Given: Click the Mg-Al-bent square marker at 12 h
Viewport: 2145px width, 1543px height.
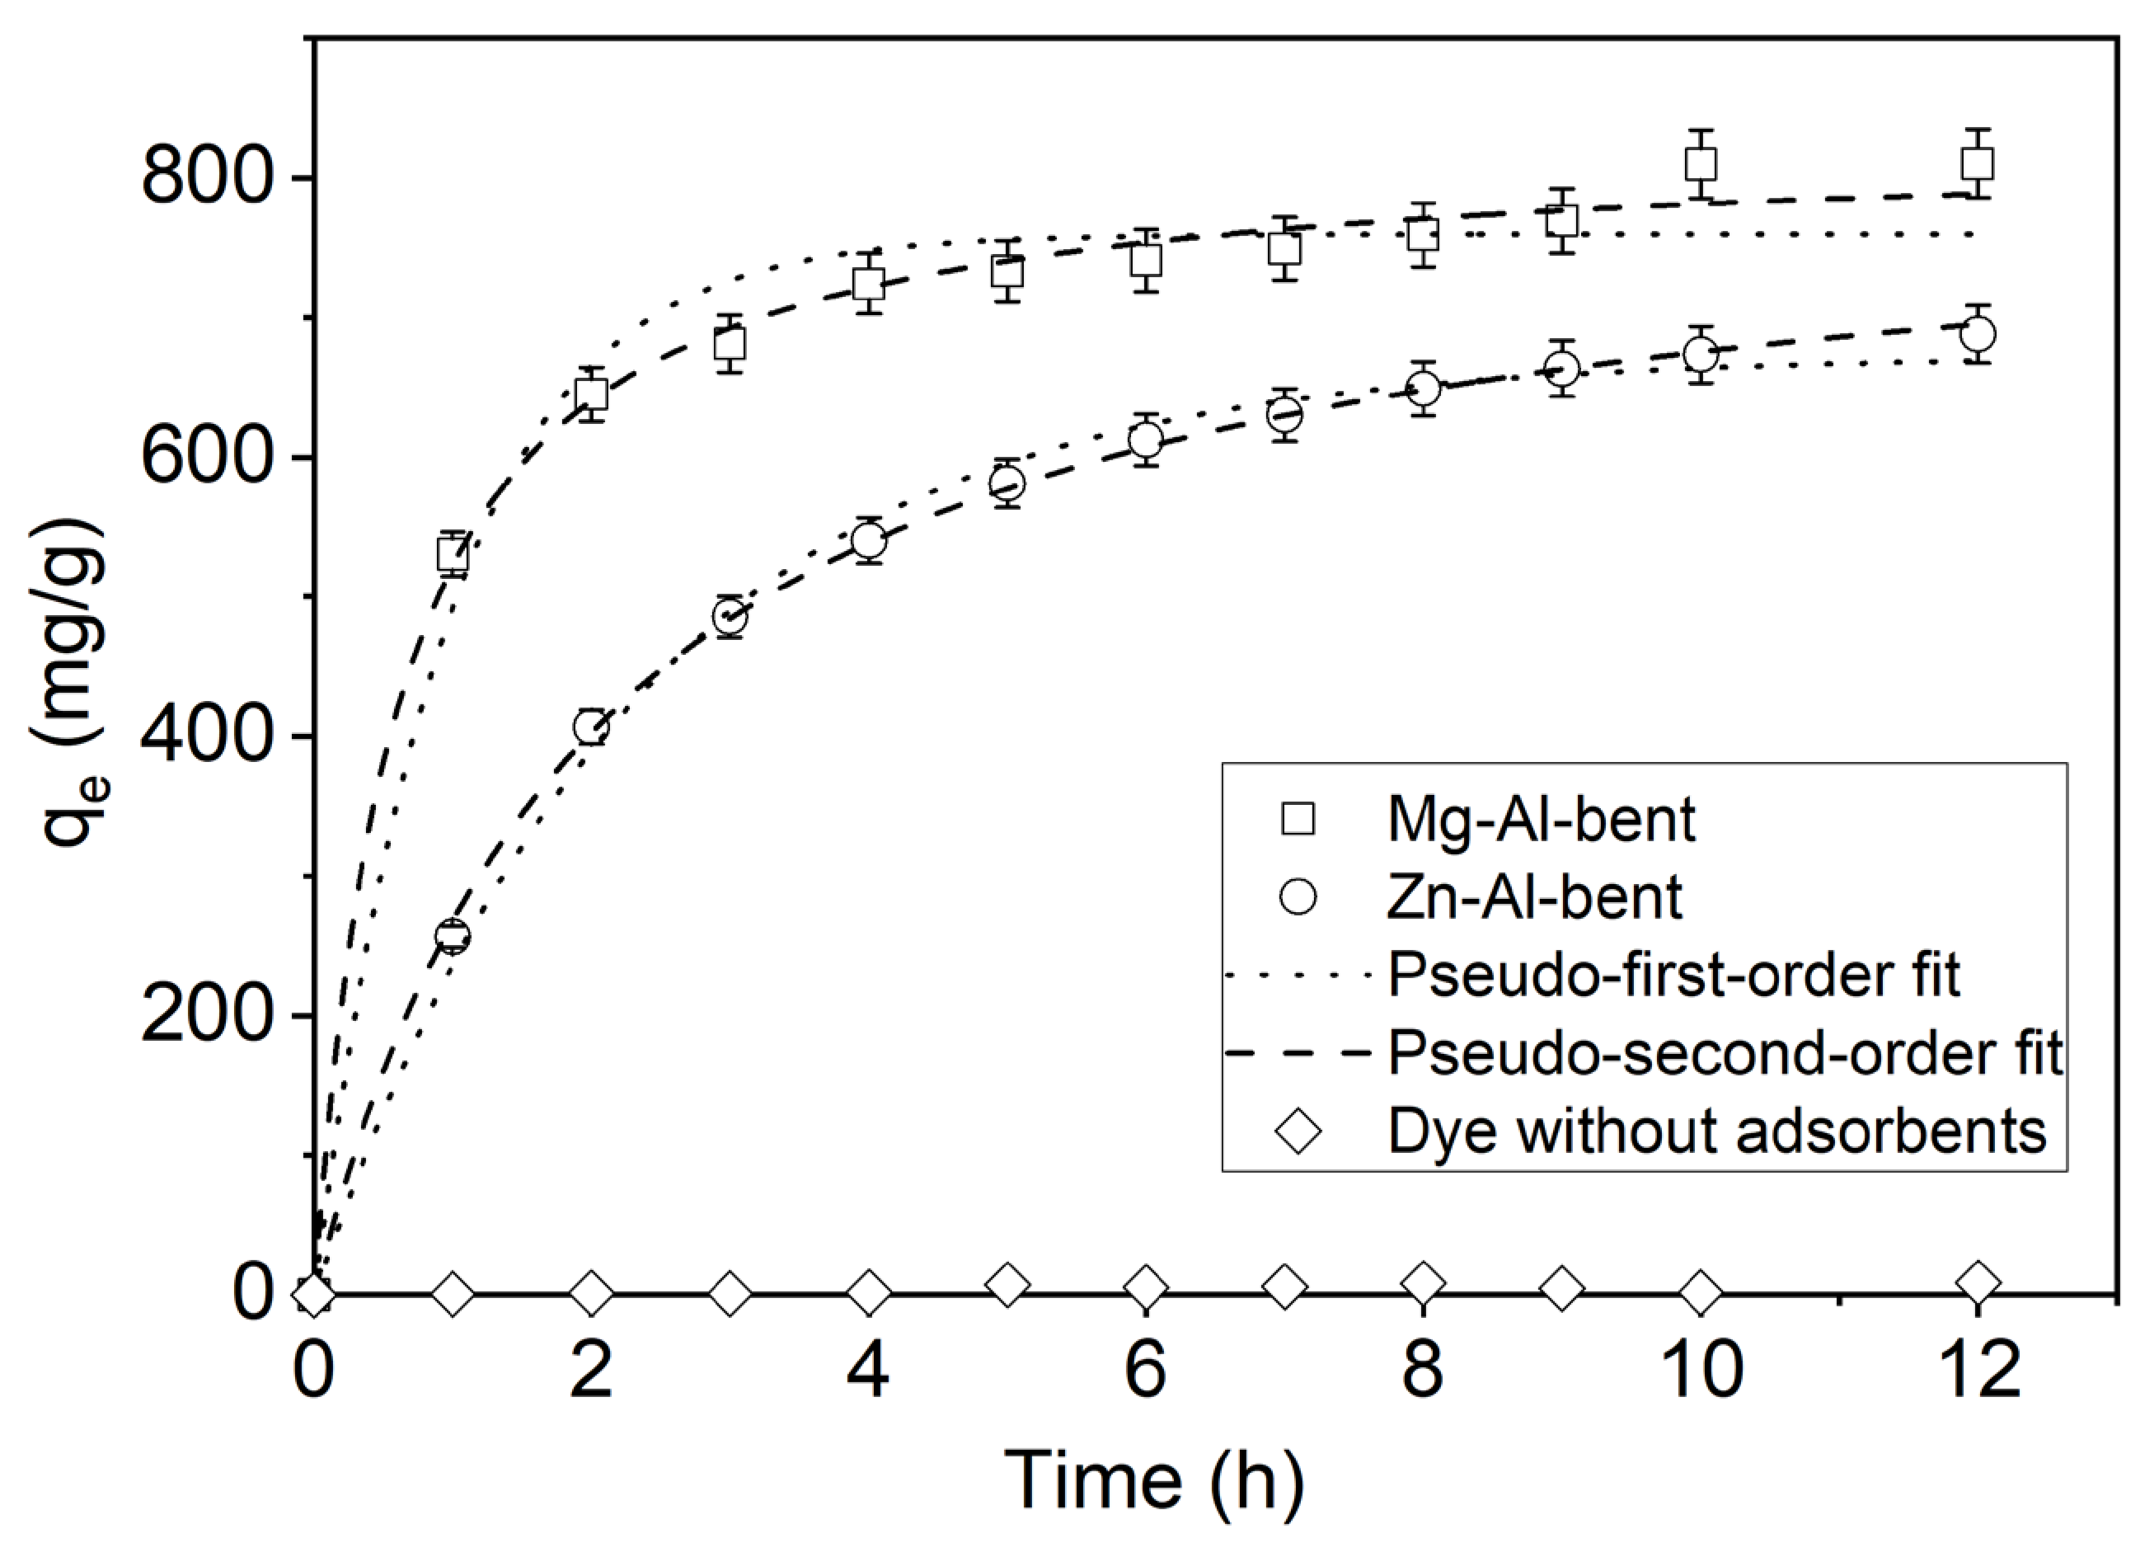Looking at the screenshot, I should (1977, 163).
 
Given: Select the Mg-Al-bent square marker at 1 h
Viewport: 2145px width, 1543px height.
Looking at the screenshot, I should (453, 553).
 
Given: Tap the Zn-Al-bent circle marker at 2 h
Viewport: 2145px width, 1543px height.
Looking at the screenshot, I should (591, 727).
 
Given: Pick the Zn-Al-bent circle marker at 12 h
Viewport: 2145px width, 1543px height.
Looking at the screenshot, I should (1977, 333).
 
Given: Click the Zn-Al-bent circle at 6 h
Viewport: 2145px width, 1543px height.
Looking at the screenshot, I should (1145, 439).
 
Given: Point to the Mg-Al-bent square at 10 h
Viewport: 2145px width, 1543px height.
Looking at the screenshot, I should (1701, 163).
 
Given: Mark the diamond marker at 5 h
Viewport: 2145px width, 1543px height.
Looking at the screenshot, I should (1007, 1284).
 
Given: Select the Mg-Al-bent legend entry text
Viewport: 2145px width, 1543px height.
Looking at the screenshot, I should (1541, 819).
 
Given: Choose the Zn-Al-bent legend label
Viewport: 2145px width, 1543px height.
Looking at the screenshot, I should (1534, 896).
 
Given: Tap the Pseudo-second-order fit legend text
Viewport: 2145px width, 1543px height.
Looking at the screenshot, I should (1724, 1052).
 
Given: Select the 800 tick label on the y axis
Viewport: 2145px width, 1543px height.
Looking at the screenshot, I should (207, 177).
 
